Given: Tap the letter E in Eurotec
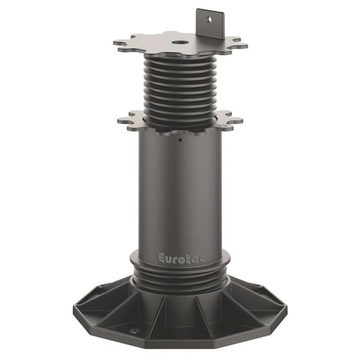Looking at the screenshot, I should (162, 258).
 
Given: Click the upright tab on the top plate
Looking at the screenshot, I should (210, 23).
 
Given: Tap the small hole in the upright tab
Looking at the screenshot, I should (209, 19).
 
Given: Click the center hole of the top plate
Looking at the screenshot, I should (178, 42).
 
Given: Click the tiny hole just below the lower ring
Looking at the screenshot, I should (179, 140).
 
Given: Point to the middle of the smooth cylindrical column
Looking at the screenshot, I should (180, 194).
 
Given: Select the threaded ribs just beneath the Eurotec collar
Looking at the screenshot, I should (180, 280).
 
